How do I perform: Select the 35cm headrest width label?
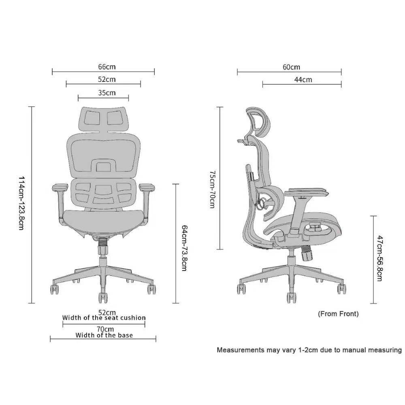[x=107, y=93]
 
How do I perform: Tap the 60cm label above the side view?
[x=291, y=67]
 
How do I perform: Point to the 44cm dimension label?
[x=303, y=80]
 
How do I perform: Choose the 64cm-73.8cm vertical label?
[x=185, y=248]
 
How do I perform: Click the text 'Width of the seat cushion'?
[x=104, y=318]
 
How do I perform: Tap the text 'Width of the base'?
[x=104, y=335]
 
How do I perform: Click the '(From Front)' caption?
[x=338, y=313]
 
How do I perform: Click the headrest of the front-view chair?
[x=103, y=118]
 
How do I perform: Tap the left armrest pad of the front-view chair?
[x=60, y=187]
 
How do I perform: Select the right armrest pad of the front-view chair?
[x=147, y=187]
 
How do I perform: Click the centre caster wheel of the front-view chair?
[x=103, y=297]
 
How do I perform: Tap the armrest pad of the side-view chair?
[x=307, y=192]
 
